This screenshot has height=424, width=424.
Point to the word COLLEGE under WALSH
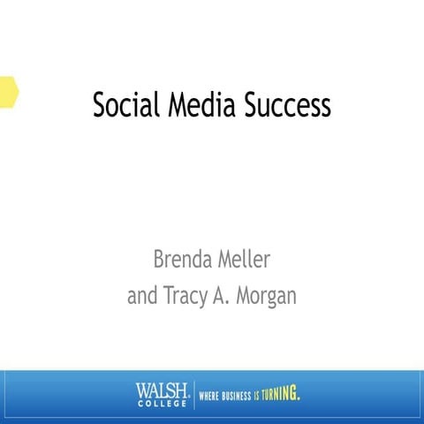[x=163, y=402]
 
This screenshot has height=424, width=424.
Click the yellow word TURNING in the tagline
[x=284, y=394]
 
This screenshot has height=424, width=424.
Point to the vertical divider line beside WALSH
[x=193, y=394]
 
